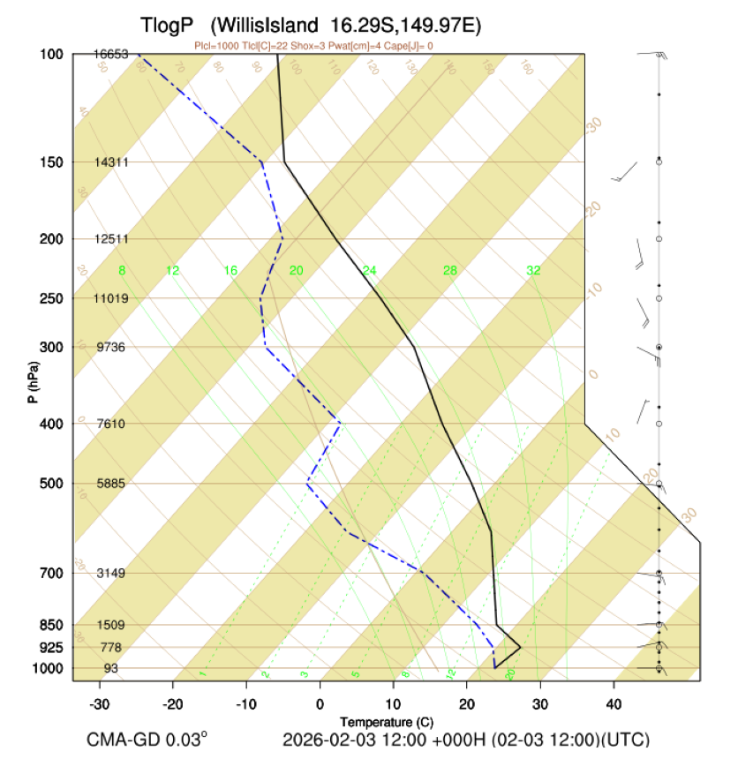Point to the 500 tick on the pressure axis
[x=49, y=484]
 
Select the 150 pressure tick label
[x=49, y=162]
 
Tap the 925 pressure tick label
[x=49, y=648]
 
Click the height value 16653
[x=111, y=54]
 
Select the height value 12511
[x=111, y=239]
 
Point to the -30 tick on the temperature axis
[x=100, y=703]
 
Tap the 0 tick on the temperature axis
[x=320, y=703]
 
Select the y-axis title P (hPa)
[x=33, y=381]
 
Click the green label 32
[x=533, y=270]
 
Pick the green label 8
[x=123, y=270]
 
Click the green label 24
[x=369, y=270]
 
